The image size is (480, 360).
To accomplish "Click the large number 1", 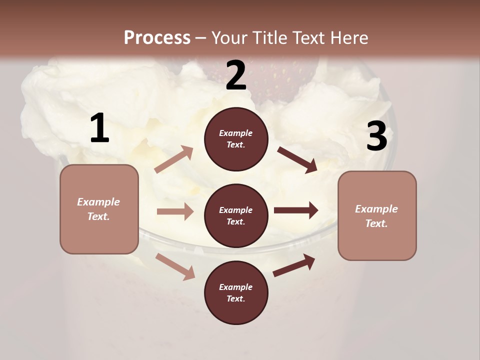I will (99, 128).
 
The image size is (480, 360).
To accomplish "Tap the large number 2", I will (236, 76).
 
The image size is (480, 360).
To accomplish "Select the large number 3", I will (376, 136).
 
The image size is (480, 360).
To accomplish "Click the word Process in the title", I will (157, 37).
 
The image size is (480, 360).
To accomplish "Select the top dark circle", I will (236, 139).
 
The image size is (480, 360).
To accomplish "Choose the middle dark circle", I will (236, 215).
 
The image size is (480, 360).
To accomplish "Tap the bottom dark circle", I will (236, 292).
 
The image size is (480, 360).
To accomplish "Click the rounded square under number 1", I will (99, 209).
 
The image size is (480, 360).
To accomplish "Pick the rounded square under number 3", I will (377, 215).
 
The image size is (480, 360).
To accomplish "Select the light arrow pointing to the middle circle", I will (175, 211).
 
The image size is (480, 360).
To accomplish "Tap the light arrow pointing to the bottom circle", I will (175, 266).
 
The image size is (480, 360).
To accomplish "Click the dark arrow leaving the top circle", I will (297, 159).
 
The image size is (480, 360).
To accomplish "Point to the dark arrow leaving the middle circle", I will (296, 210).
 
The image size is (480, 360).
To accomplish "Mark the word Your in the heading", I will (229, 37).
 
